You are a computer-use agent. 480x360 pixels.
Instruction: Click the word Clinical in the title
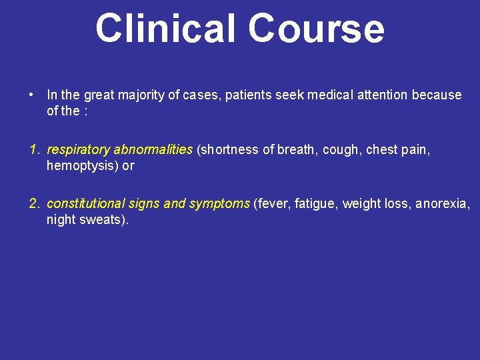click(x=167, y=29)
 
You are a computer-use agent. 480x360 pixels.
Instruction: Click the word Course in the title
click(x=317, y=29)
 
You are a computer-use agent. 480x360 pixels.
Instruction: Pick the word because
click(x=437, y=95)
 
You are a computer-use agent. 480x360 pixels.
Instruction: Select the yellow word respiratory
click(x=78, y=150)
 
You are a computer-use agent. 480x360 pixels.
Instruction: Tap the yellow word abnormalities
click(x=153, y=150)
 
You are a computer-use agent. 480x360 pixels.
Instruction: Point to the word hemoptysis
click(x=81, y=166)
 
